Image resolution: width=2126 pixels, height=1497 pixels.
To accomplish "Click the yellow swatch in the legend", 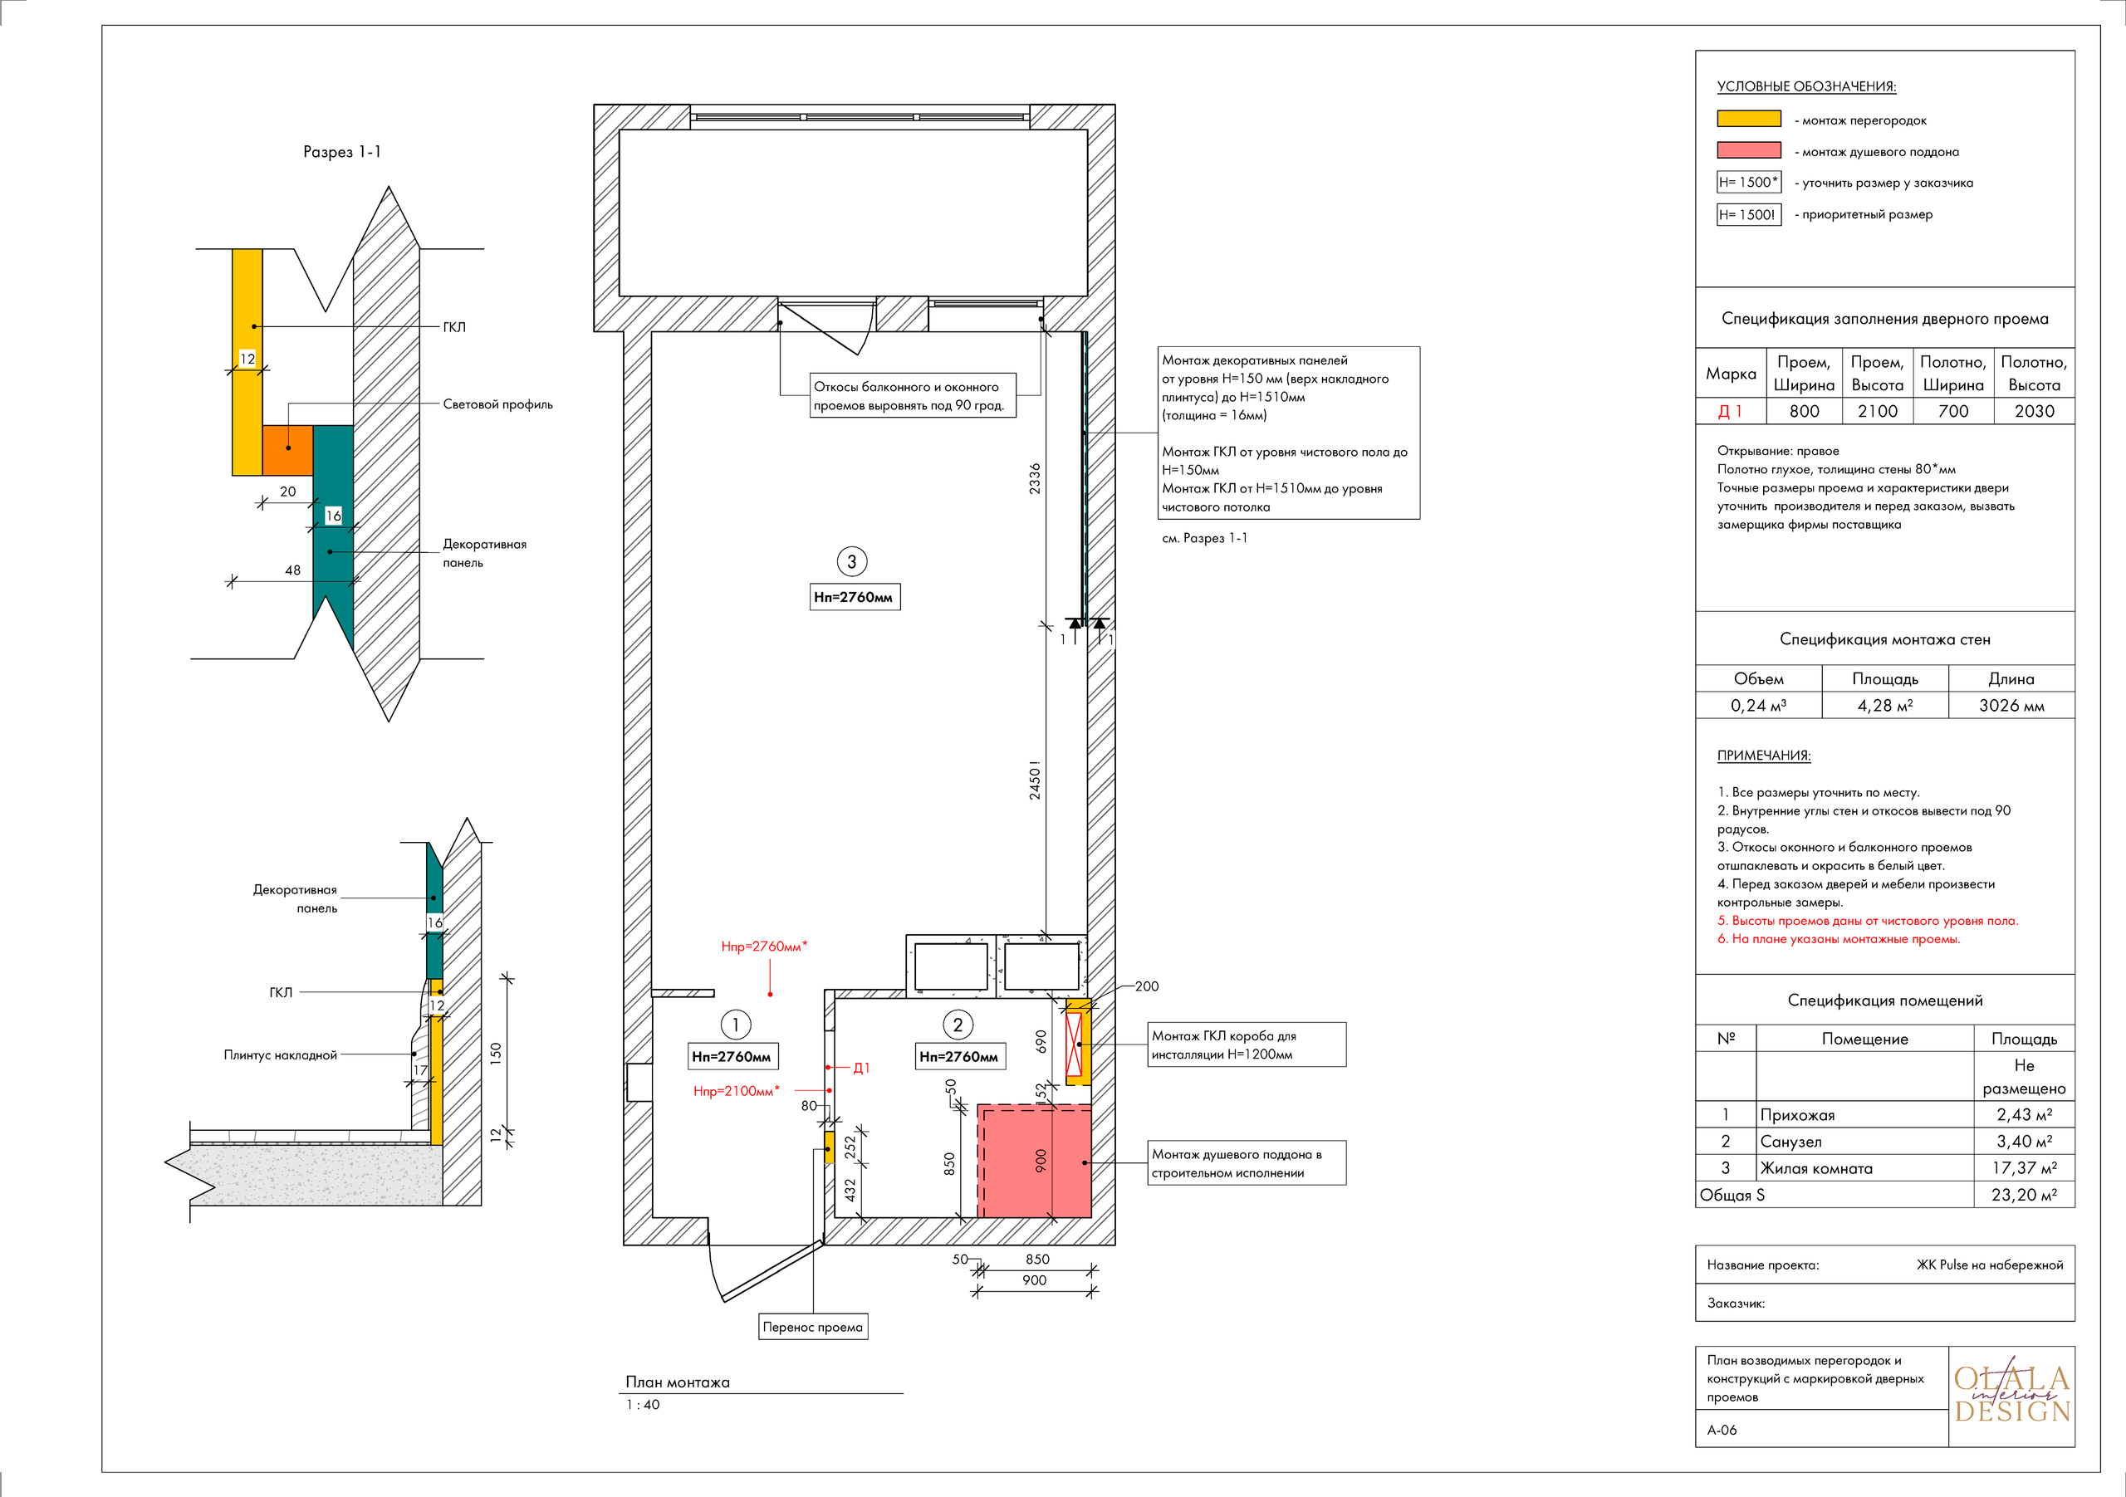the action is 1748,119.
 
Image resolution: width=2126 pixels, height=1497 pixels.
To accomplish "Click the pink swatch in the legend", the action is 1748,150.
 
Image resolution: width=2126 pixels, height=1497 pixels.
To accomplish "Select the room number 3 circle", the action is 852,561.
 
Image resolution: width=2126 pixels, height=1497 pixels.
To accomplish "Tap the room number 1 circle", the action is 735,1025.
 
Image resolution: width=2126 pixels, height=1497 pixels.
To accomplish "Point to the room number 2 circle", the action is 958,1025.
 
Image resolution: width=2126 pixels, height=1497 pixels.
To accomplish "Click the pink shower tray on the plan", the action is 1034,1160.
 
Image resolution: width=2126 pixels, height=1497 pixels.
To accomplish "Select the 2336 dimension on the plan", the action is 1034,477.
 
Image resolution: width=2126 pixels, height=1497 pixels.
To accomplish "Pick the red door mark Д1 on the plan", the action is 861,1069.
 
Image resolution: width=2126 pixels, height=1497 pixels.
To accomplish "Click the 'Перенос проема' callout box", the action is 813,1327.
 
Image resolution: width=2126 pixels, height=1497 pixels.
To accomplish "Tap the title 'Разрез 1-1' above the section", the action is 341,152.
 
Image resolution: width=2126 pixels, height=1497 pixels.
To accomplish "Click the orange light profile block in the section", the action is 287,451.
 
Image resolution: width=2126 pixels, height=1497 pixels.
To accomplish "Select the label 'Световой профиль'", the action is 497,404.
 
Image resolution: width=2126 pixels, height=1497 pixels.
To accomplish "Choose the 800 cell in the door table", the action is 1804,411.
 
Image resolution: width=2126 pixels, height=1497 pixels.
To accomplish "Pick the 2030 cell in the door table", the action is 2035,411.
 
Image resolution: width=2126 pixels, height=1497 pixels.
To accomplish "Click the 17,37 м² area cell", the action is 2024,1168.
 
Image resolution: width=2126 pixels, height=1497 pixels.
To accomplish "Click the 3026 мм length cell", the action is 2011,706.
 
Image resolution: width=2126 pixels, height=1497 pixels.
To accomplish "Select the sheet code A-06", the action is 1722,1431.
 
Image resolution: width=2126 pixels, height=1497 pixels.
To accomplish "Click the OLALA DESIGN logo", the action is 2012,1395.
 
